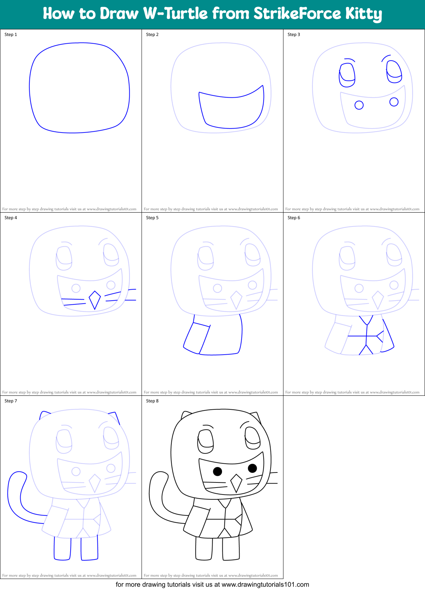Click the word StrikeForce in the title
[x=297, y=14]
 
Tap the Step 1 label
[x=11, y=35]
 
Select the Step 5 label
[x=152, y=218]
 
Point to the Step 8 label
[x=152, y=401]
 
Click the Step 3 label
[x=294, y=35]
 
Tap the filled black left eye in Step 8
[x=217, y=471]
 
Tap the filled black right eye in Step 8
[x=252, y=468]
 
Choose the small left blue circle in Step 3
[x=359, y=105]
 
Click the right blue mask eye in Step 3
[x=394, y=72]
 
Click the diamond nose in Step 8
[x=236, y=483]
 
